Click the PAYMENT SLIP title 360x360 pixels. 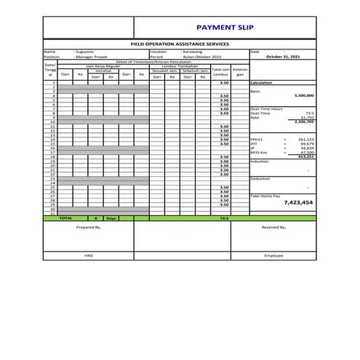pyautogui.click(x=224, y=27)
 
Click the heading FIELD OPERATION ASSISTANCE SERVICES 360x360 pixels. pyautogui.click(x=179, y=44)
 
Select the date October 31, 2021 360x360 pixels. pyautogui.click(x=283, y=57)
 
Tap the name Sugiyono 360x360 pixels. pyautogui.click(x=88, y=52)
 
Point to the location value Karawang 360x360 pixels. pyautogui.click(x=192, y=52)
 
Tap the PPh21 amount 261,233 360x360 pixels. pyautogui.click(x=305, y=139)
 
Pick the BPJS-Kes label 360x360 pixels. pyautogui.click(x=259, y=152)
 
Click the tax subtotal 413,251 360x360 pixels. pyautogui.click(x=305, y=156)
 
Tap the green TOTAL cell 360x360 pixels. pyautogui.click(x=65, y=218)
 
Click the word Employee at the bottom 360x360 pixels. pyautogui.click(x=273, y=256)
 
